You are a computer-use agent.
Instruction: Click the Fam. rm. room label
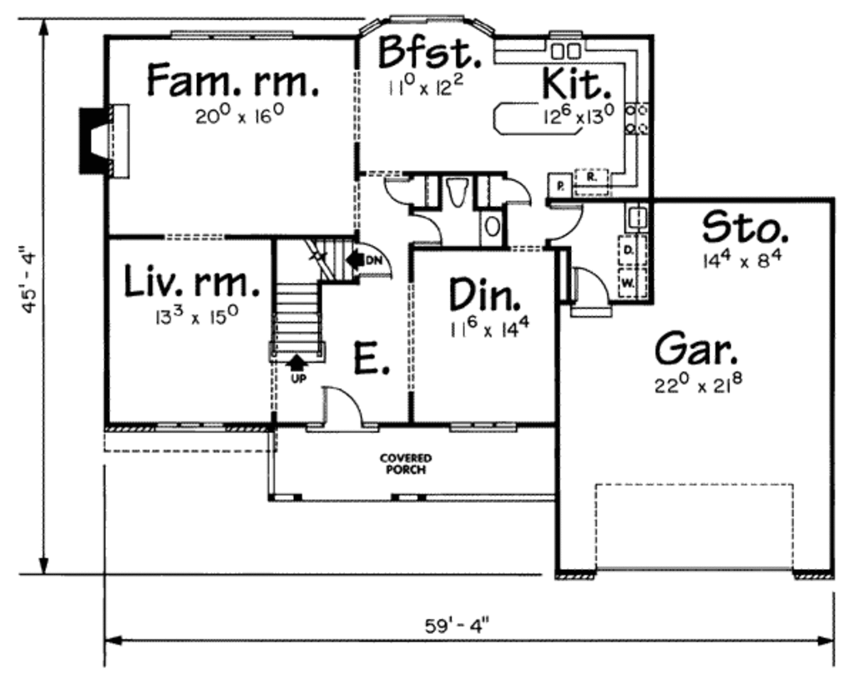(232, 80)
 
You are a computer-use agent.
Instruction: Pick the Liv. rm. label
(191, 282)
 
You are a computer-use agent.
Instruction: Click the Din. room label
(485, 294)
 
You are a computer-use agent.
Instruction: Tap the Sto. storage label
(744, 228)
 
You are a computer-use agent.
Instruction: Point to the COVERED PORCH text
(405, 464)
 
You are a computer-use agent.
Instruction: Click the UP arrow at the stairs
(296, 364)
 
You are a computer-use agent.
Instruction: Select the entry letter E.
(372, 360)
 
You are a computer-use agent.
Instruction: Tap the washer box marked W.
(628, 282)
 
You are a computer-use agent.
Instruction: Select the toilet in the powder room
(457, 194)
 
